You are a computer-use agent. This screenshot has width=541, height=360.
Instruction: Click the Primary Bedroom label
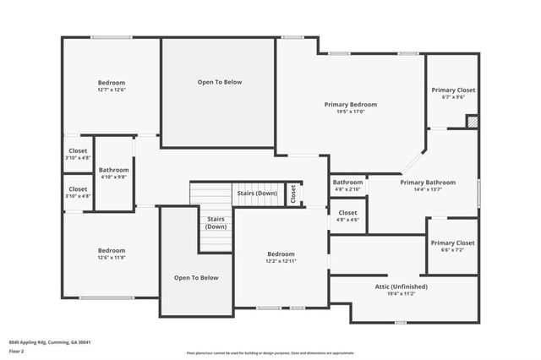click(351, 105)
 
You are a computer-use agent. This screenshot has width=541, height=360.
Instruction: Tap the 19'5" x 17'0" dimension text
click(351, 112)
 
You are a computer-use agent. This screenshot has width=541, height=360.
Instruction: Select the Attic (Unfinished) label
click(401, 286)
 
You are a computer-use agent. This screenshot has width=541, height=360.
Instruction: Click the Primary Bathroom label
click(427, 183)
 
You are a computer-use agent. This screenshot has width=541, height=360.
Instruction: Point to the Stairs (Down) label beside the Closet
click(256, 193)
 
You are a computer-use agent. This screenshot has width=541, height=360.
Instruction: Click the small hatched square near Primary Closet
click(472, 120)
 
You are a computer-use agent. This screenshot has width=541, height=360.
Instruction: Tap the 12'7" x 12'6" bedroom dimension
click(112, 90)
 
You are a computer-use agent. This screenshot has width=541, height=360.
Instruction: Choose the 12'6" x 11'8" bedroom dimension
click(112, 258)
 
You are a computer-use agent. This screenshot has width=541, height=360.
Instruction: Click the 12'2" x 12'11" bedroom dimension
click(281, 261)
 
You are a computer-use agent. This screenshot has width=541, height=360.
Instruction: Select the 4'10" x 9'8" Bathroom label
click(112, 169)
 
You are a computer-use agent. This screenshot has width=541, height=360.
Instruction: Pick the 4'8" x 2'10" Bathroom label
click(347, 183)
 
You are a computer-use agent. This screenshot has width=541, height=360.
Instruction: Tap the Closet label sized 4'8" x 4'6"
click(347, 213)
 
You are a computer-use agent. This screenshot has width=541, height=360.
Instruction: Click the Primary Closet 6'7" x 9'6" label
click(453, 90)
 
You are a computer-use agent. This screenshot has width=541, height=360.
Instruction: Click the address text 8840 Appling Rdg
click(50, 342)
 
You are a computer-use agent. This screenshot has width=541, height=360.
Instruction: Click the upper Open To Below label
click(220, 82)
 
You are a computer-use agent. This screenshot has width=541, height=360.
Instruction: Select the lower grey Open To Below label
click(196, 277)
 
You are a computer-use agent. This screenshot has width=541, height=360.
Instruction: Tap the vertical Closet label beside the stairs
click(293, 194)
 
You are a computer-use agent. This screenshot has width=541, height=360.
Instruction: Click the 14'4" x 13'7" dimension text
click(427, 189)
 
